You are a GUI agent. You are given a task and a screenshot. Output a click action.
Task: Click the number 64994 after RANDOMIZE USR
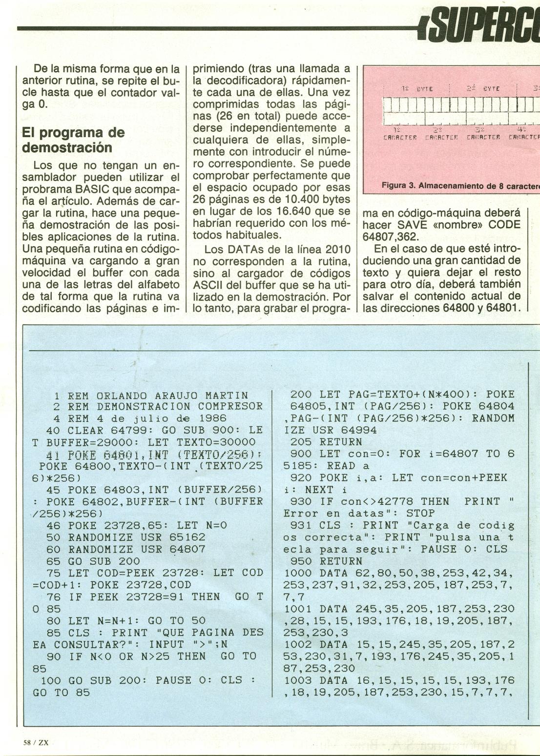[358, 430]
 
